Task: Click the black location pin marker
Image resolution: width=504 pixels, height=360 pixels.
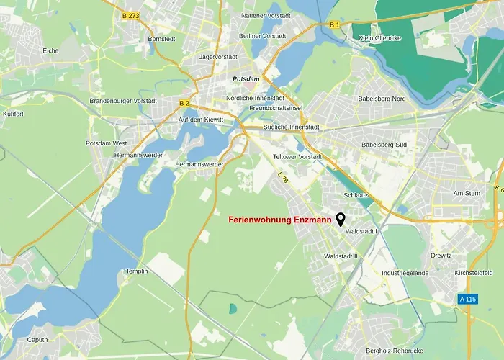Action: (x=341, y=219)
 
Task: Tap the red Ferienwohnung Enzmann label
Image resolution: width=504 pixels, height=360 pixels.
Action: (x=280, y=220)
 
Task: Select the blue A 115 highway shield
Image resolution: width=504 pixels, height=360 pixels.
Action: (x=467, y=299)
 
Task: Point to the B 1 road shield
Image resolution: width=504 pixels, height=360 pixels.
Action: (x=334, y=25)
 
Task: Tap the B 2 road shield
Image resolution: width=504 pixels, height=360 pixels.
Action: (x=184, y=103)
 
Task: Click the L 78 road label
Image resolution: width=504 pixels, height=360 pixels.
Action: (x=282, y=175)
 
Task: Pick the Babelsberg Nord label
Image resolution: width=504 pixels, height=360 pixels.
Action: (x=384, y=99)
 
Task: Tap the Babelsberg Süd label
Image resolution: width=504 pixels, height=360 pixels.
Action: (x=384, y=145)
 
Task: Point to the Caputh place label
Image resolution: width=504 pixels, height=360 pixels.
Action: (x=37, y=340)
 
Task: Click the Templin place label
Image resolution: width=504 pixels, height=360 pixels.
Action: (x=136, y=271)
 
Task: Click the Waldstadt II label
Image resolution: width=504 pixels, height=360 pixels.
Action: (x=341, y=256)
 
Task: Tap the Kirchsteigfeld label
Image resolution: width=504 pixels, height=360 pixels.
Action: (x=473, y=274)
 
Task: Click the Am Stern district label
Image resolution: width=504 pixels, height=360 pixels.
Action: (x=467, y=194)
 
